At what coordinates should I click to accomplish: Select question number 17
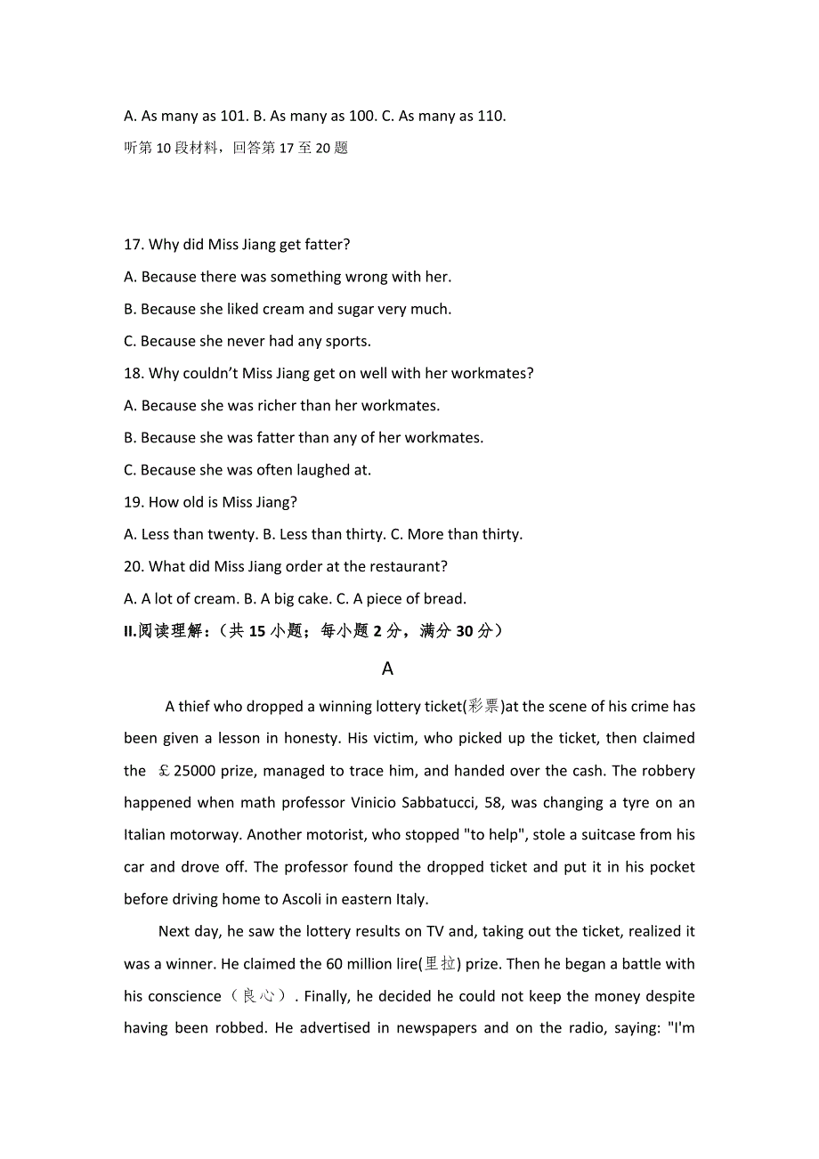(x=134, y=245)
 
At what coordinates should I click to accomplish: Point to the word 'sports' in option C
(x=348, y=341)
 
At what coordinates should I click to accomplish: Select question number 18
(x=134, y=373)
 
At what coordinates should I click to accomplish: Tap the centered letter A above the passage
(x=387, y=668)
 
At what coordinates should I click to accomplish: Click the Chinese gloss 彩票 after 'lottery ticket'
(x=485, y=707)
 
